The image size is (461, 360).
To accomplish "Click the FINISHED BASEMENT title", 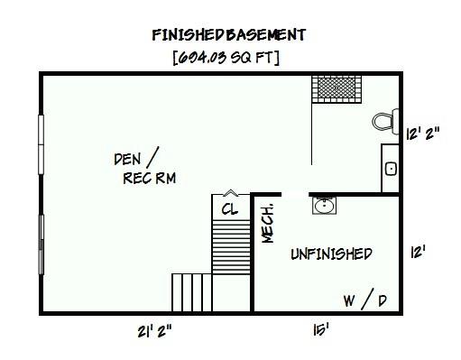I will point(229,35).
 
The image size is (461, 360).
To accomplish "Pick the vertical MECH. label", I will point(268,221).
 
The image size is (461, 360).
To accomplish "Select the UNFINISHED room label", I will point(331,254).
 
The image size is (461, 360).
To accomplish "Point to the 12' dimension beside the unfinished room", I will point(418,253).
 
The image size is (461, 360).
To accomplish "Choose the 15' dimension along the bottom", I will point(320,331).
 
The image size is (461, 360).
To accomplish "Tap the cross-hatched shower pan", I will point(337,88).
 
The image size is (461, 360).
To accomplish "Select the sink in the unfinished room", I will point(325,206).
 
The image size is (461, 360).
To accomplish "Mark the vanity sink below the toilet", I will point(391,168).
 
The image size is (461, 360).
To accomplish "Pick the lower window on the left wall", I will point(40,245).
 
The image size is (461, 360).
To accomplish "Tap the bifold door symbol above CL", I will point(230,192).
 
